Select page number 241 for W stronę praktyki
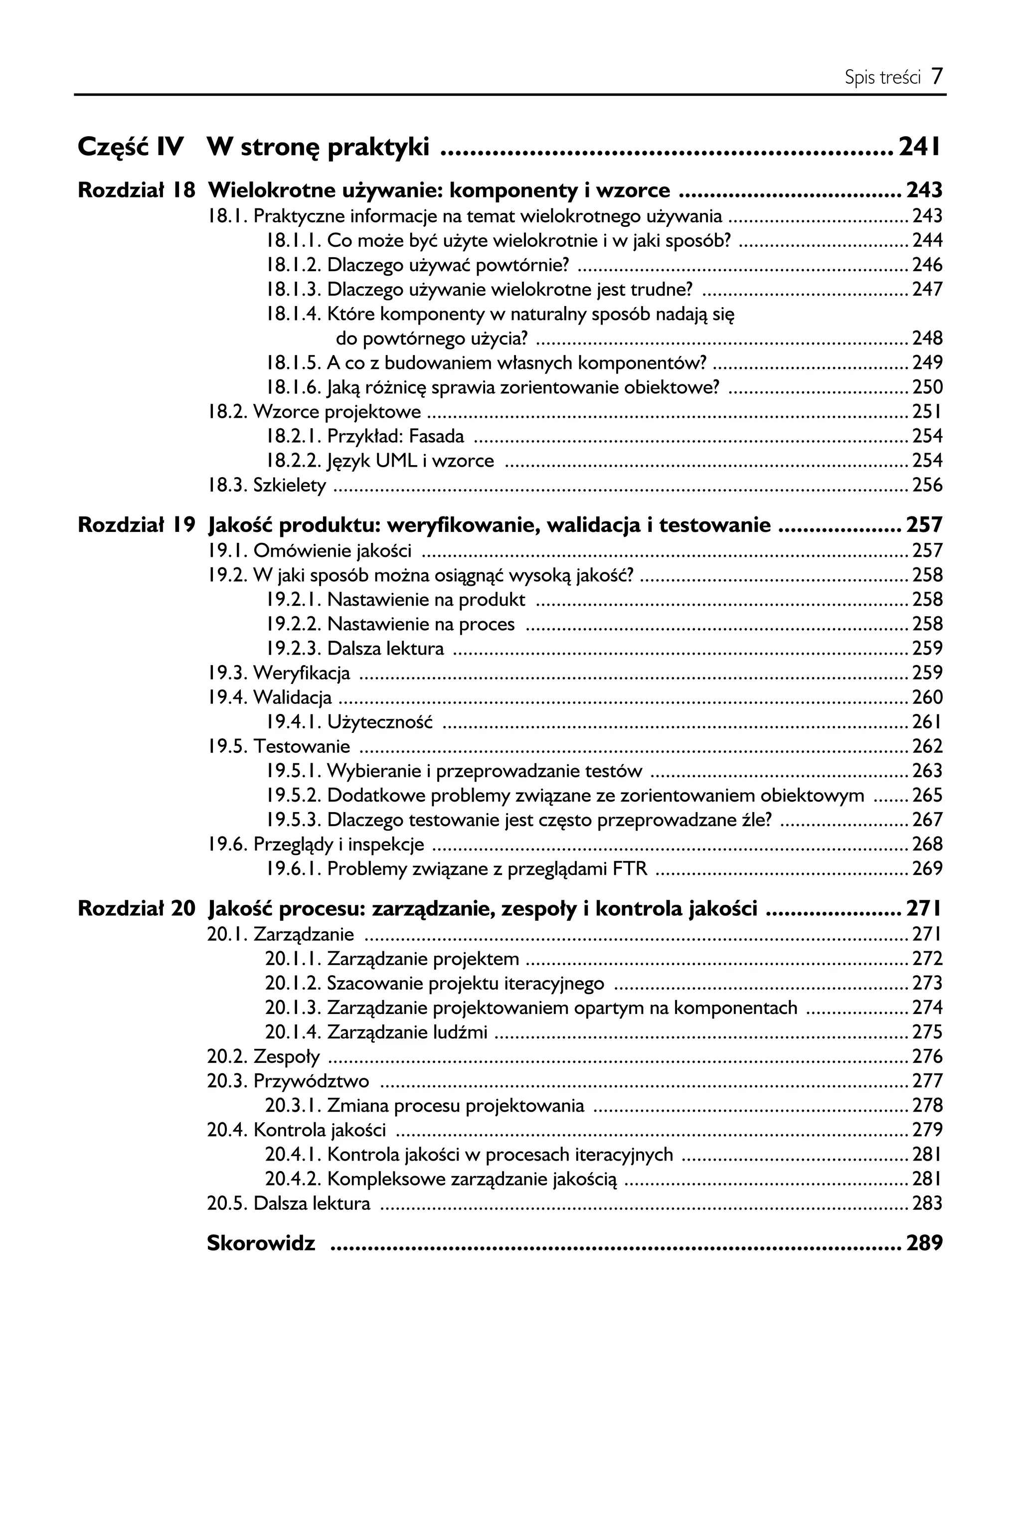pos(919,147)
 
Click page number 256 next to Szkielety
pos(927,485)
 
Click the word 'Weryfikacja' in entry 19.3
pos(302,673)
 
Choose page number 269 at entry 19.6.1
pos(927,869)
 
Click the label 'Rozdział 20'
pos(136,909)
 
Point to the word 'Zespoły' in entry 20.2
pos(287,1056)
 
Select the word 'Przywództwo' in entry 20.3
pos(311,1081)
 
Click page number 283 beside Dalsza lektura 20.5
pos(927,1203)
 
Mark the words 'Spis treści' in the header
pos(882,78)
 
